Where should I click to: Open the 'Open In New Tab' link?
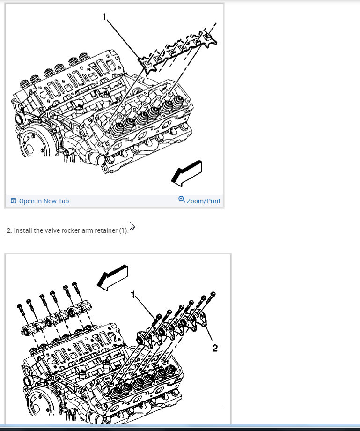click(x=44, y=201)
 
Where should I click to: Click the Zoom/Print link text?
click(x=203, y=201)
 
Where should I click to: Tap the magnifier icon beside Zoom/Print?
click(x=182, y=200)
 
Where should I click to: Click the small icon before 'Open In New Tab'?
click(x=13, y=201)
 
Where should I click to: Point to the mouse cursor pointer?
click(x=132, y=226)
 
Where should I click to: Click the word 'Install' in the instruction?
click(x=22, y=231)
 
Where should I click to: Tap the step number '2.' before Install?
click(x=9, y=231)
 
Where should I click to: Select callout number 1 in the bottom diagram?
click(x=133, y=294)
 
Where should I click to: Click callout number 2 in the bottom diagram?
click(x=215, y=348)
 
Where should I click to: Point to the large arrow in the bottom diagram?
click(x=112, y=276)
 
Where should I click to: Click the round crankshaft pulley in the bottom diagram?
click(x=39, y=403)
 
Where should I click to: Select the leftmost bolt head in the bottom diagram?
click(x=19, y=307)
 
